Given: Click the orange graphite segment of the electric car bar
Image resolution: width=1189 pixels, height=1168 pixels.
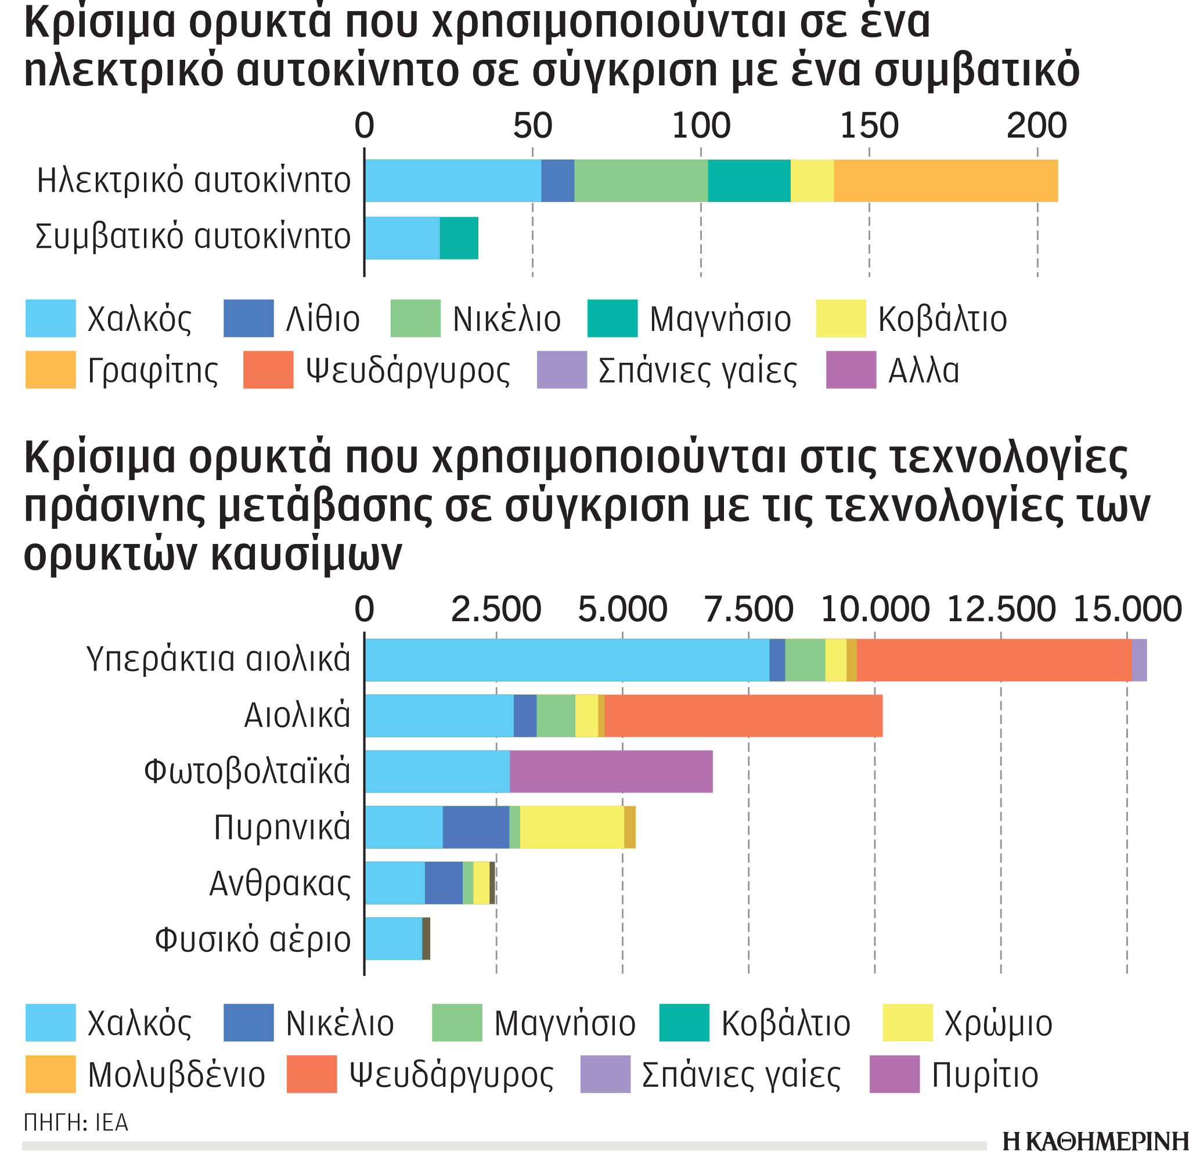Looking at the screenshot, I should coord(945,181).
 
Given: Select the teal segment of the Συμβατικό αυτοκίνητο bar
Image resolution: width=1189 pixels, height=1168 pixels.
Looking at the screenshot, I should coord(458,238).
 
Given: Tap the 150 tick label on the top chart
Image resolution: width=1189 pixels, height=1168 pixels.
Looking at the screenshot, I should coord(868,126).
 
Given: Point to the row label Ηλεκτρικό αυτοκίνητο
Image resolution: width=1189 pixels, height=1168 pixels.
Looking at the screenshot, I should coord(193,181).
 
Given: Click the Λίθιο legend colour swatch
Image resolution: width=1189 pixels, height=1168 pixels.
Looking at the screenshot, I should coord(248,318).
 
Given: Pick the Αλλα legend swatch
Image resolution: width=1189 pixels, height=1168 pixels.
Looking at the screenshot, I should coord(851,370).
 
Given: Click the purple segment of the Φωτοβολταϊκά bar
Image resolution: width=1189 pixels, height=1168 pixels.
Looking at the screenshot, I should coord(610,771).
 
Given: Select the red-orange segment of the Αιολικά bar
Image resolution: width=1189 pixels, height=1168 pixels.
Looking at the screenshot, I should coord(743,715).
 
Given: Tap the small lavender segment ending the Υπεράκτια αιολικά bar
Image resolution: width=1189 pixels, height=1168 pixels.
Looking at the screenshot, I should coord(1138,659).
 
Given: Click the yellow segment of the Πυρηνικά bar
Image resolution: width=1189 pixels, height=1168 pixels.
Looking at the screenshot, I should coord(571,827).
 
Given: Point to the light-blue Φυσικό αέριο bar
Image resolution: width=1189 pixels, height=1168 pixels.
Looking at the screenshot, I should coord(392,939).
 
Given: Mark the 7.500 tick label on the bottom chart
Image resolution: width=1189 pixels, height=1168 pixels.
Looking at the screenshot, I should coord(748,610).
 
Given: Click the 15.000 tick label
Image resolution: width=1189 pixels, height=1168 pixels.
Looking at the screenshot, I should coord(1126,610).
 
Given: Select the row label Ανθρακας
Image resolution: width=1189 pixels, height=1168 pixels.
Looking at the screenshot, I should coord(280,884).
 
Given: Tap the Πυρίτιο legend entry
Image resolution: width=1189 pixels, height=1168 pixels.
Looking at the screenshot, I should coord(954,1075).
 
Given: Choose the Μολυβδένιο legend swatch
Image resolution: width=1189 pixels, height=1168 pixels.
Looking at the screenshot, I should coord(51,1074).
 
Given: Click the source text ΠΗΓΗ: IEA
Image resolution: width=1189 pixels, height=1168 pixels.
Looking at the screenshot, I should coord(76,1123).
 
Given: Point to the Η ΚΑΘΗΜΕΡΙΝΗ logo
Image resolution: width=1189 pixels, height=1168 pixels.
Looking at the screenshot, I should coord(1094,1141).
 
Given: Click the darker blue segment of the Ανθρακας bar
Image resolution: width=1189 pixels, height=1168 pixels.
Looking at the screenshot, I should coord(443,883).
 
